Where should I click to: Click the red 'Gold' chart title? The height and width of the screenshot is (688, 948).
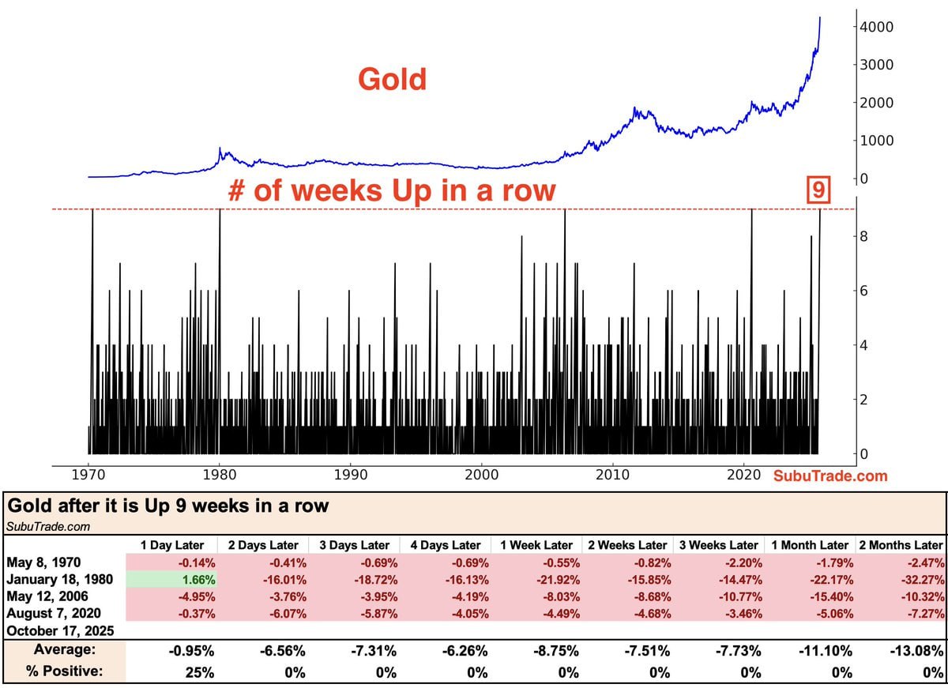pos(392,79)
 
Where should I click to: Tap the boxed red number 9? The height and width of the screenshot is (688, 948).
pos(818,190)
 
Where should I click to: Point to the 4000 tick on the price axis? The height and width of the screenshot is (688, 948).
pos(876,27)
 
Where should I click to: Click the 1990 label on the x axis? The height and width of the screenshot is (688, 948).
pos(351,475)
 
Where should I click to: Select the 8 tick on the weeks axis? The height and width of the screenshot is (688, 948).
pos(863,236)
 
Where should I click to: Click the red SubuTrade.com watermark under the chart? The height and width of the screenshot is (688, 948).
pos(830,476)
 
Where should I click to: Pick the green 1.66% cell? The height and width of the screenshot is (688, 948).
pos(172,579)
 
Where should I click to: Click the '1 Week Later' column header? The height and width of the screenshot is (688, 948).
pos(536,545)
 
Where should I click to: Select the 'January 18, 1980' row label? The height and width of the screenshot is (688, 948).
pos(60,579)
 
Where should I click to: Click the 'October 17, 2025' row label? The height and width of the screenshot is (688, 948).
pos(60,631)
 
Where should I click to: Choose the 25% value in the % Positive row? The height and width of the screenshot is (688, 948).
pos(199,672)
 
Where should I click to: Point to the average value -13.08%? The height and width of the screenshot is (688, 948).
pos(916,650)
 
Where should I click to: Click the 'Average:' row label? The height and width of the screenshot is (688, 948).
pos(65,649)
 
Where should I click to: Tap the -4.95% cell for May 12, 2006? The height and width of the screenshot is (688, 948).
pos(197,597)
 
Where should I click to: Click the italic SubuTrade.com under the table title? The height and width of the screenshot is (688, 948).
pos(48,526)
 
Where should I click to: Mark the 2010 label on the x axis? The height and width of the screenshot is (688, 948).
pos(612,475)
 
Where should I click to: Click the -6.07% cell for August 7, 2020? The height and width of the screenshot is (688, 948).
pos(288,614)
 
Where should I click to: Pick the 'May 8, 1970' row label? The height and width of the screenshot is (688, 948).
pos(43,562)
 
